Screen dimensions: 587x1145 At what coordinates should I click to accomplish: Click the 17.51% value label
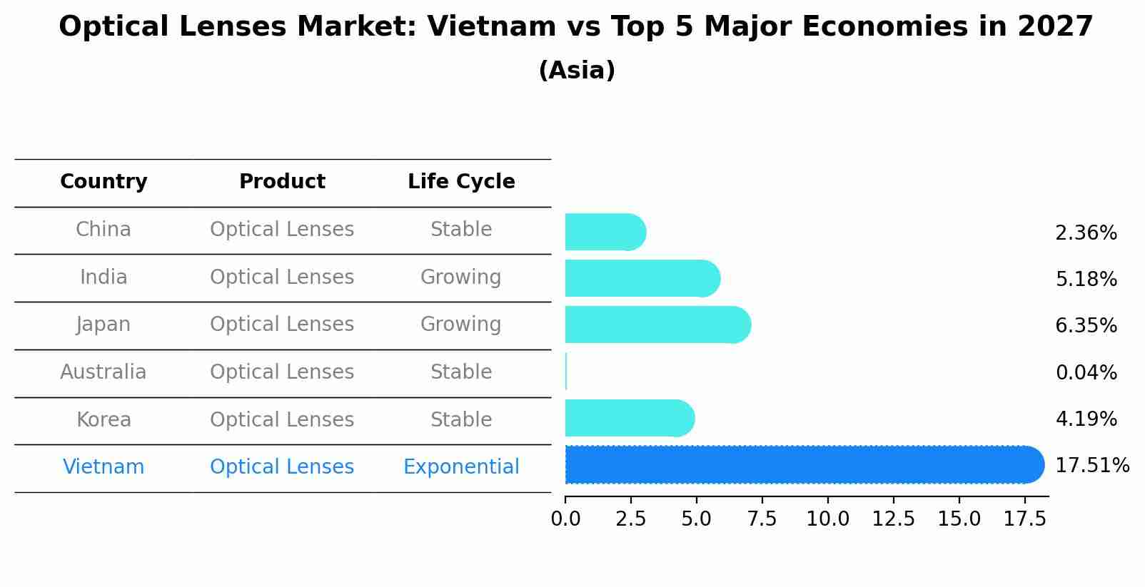pyautogui.click(x=1091, y=466)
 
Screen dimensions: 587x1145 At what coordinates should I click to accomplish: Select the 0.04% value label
pyautogui.click(x=1086, y=372)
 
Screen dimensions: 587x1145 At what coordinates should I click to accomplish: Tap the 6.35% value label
pyautogui.click(x=1086, y=326)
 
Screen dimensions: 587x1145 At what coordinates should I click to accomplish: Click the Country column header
pyautogui.click(x=104, y=182)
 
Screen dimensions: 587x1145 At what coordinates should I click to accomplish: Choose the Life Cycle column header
pyautogui.click(x=461, y=182)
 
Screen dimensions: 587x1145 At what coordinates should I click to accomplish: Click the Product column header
pyautogui.click(x=282, y=182)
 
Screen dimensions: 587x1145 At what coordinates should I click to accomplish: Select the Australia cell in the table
pyautogui.click(x=104, y=372)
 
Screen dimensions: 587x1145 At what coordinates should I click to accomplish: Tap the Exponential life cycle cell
pyautogui.click(x=461, y=467)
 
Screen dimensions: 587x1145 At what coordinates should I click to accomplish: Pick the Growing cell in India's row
pyautogui.click(x=461, y=277)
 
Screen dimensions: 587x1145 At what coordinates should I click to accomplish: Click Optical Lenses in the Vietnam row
pyautogui.click(x=282, y=467)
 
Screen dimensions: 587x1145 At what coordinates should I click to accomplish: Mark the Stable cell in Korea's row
pyautogui.click(x=461, y=420)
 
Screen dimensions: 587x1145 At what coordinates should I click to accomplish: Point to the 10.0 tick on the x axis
pyautogui.click(x=827, y=519)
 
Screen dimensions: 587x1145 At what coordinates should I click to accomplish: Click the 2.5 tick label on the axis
pyautogui.click(x=630, y=519)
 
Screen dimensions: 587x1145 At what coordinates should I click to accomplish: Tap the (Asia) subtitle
pyautogui.click(x=577, y=71)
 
